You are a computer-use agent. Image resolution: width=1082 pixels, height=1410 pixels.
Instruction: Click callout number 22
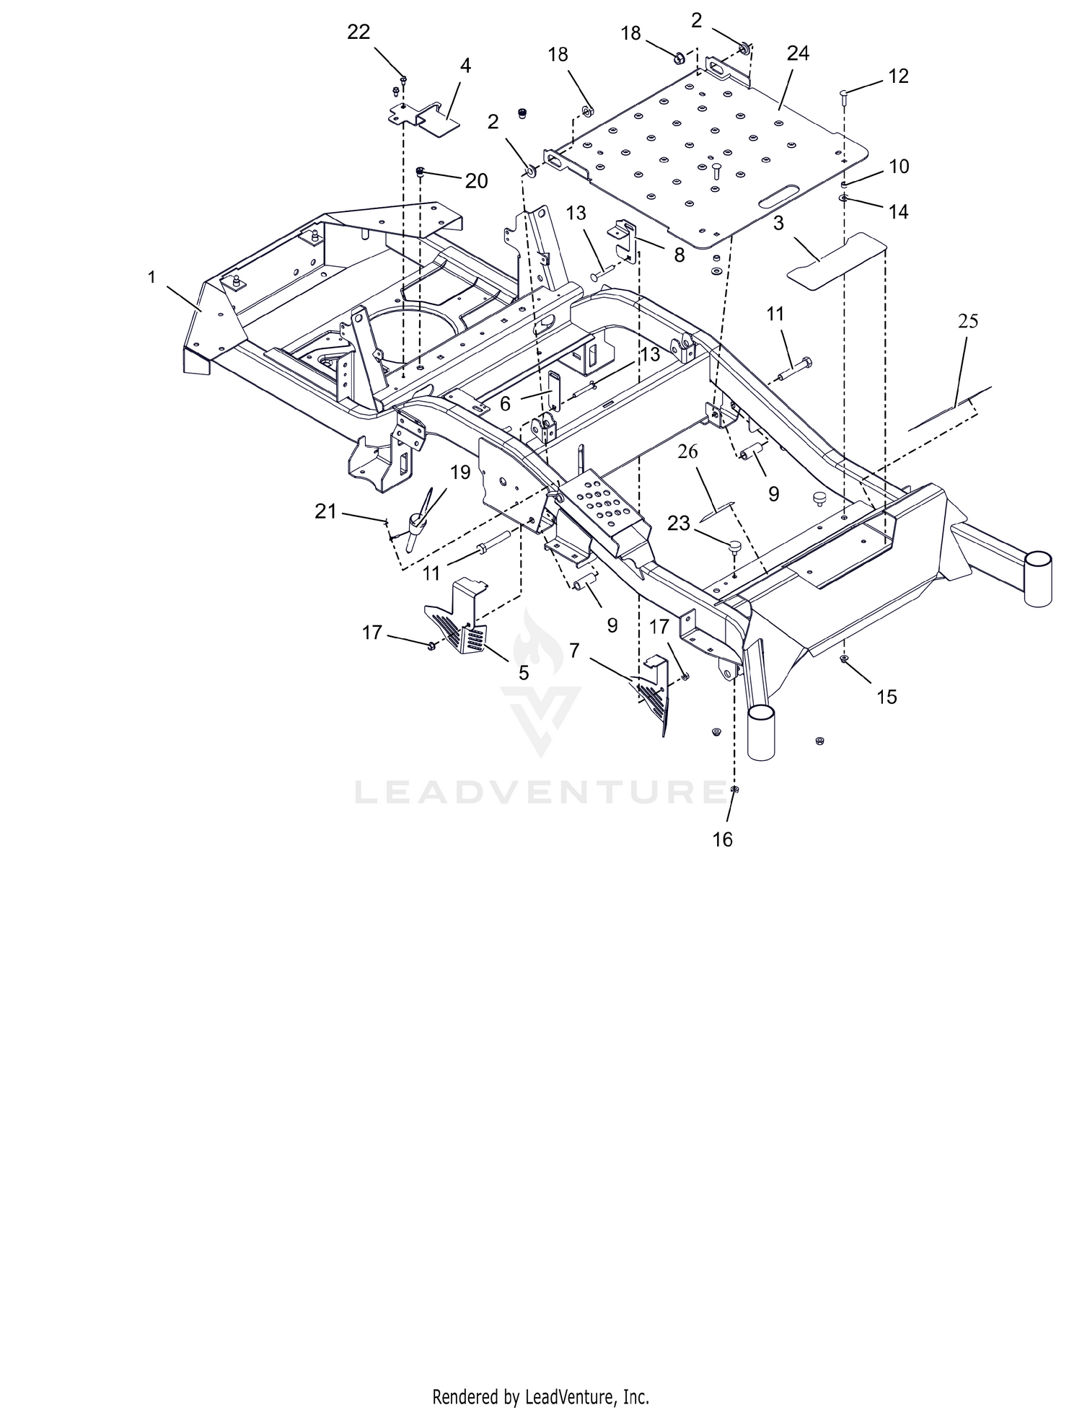point(359,32)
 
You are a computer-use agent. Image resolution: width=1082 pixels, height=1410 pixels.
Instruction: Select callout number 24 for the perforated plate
point(798,53)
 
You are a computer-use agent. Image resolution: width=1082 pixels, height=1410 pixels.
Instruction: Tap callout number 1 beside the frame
point(151,276)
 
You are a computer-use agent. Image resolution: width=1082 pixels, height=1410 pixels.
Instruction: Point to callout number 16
point(722,839)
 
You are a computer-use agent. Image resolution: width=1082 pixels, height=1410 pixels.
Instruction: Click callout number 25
point(968,322)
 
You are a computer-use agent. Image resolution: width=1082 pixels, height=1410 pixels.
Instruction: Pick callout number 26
point(689,452)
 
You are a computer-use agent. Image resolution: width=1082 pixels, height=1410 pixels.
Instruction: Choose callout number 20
point(476,180)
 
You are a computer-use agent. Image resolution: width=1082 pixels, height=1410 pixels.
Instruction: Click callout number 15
point(887,696)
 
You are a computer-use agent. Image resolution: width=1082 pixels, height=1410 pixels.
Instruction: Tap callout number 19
point(460,472)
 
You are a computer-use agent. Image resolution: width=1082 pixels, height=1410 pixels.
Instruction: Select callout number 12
point(898,76)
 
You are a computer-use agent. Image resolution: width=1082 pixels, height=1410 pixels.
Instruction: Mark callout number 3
point(778,224)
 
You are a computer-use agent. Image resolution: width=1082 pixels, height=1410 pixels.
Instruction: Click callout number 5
point(524,672)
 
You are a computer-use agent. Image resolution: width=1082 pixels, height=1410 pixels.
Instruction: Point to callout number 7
point(574,651)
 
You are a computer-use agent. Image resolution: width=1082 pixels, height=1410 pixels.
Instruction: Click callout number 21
point(325,511)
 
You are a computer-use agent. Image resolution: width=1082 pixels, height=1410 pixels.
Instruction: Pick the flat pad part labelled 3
point(835,260)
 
